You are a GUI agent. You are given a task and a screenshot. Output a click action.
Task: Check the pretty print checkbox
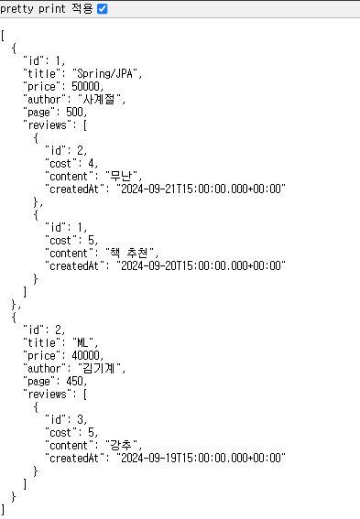102,9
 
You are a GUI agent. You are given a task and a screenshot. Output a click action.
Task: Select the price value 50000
85,86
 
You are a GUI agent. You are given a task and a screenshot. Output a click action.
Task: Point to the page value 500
74,112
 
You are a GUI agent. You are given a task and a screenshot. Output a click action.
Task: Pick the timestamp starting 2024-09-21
201,189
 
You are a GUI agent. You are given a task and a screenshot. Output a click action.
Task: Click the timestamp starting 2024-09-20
201,265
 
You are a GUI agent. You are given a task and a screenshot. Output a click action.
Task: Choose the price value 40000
85,355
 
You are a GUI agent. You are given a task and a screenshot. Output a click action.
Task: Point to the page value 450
74,381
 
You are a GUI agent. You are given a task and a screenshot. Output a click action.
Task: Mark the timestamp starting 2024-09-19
201,458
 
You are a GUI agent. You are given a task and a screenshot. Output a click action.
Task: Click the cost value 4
91,163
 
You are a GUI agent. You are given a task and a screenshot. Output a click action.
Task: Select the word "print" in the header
51,9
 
